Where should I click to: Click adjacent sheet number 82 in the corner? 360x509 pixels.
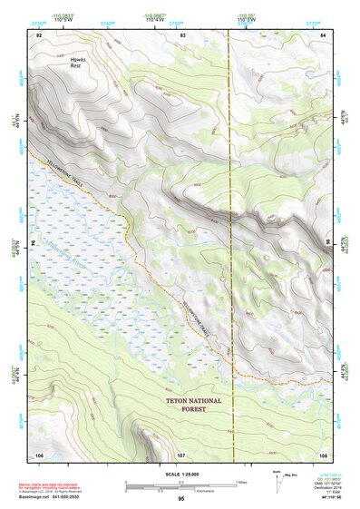38,34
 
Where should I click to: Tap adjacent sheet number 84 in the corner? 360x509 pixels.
324,34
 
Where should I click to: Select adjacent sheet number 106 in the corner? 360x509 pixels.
39,453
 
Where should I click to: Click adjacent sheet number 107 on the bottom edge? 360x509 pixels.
181,453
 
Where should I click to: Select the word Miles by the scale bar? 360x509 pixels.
242,482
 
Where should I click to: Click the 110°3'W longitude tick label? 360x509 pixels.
245,18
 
